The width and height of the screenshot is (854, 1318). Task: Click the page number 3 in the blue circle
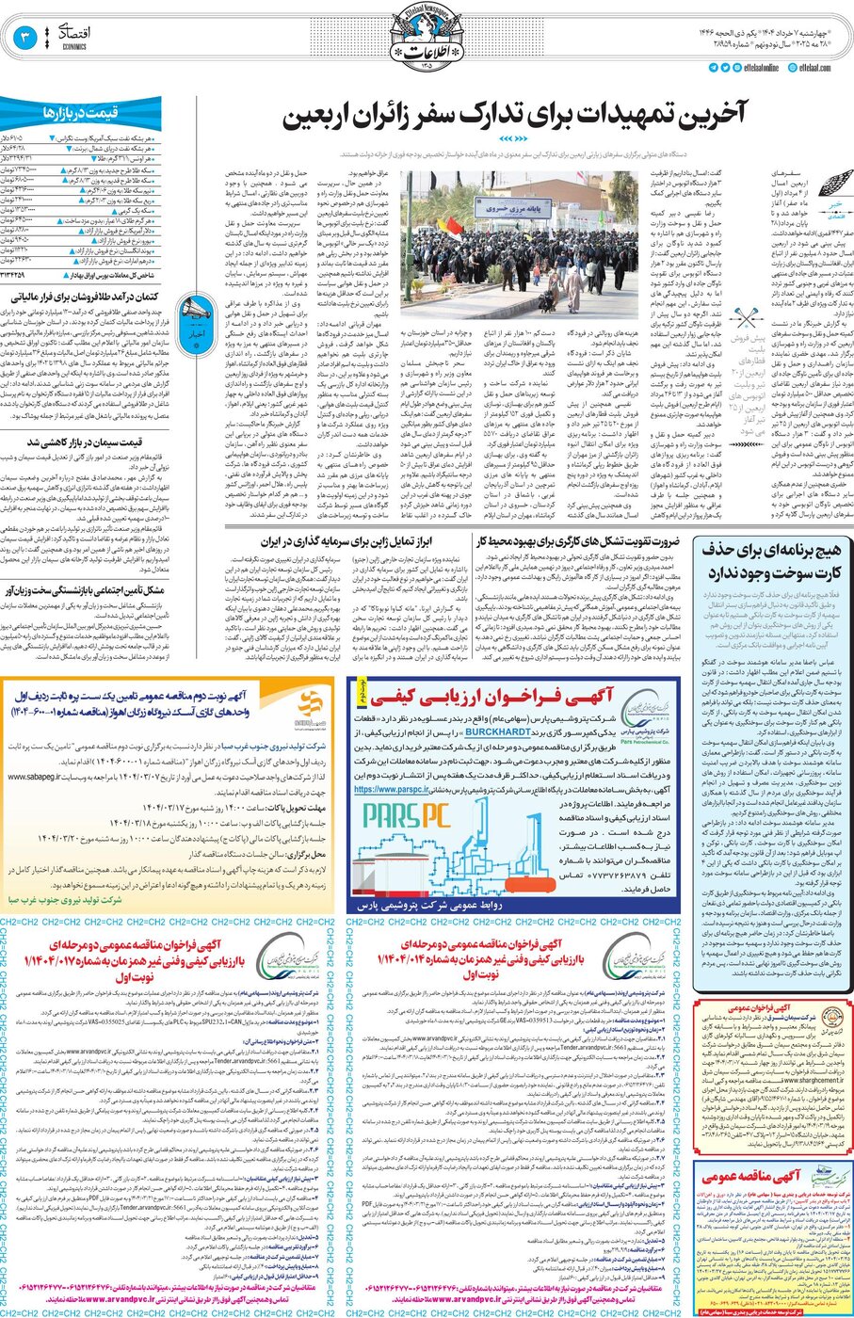coord(24,38)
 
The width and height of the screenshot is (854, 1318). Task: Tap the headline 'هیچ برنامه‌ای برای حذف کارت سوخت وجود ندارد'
coord(772,561)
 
